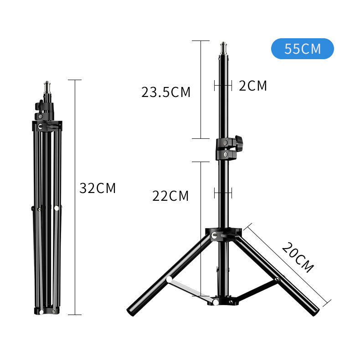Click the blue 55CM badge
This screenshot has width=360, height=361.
coord(302,49)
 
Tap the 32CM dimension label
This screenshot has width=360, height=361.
coord(98,188)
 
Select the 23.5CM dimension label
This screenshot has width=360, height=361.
coord(166,92)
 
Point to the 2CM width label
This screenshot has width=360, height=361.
coord(253,86)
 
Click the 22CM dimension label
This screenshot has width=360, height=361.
coord(170,196)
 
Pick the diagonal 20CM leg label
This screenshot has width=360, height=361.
coord(297,258)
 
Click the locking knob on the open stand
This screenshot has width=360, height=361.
coord(239,143)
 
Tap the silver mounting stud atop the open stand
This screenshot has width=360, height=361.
coord(223,48)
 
